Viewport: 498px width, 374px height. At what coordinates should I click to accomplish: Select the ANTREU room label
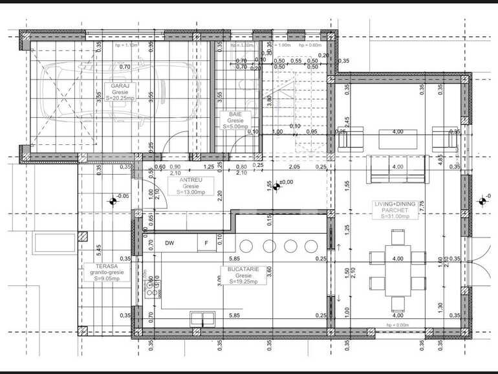[189, 179]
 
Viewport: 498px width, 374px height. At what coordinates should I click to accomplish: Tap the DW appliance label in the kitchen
[170, 243]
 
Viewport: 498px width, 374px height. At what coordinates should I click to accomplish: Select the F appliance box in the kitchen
[206, 243]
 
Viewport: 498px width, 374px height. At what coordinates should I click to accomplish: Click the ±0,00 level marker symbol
[277, 186]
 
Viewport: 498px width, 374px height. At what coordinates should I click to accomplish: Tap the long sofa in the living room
[396, 167]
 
